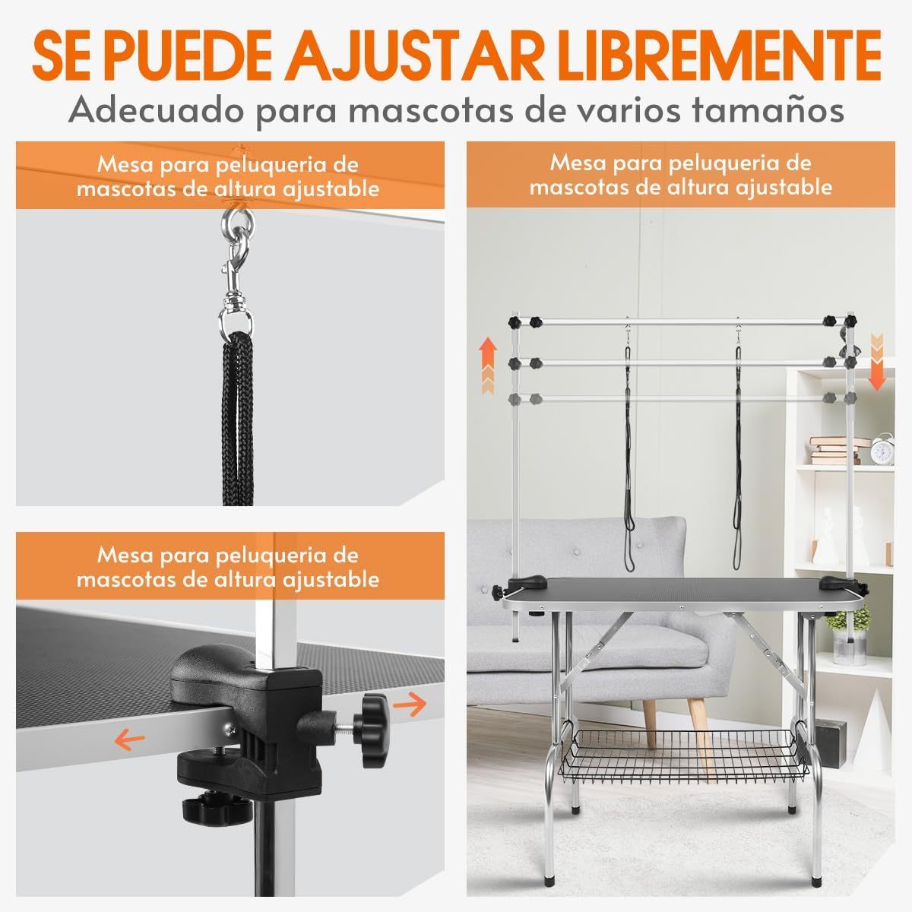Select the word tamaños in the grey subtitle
pos(768,110)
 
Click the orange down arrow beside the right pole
pos(877,362)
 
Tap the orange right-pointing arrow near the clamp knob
pos(410,718)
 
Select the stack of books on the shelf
pos(836,450)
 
